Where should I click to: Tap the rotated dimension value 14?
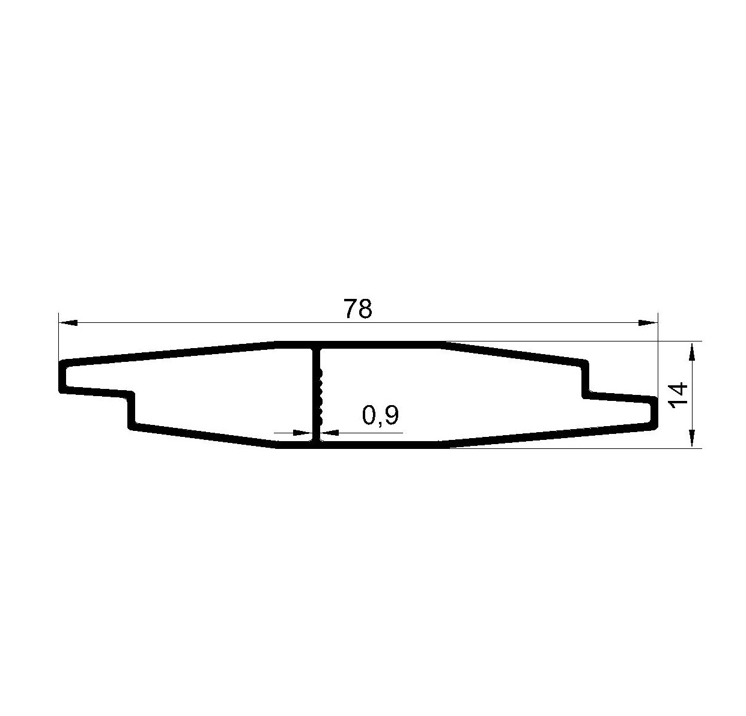click(x=677, y=394)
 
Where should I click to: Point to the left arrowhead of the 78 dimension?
click(x=68, y=322)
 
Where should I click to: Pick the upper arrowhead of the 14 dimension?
click(x=692, y=352)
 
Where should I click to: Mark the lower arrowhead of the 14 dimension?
click(x=692, y=438)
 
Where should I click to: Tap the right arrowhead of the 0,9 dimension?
click(x=329, y=433)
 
